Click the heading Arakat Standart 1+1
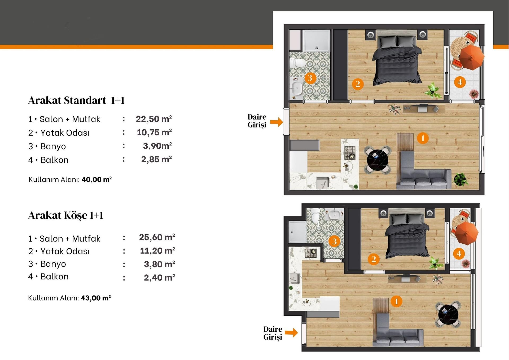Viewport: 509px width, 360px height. point(76,100)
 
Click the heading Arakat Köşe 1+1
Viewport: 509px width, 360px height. point(66,215)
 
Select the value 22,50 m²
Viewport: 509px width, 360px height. point(154,119)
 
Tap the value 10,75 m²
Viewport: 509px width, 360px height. point(154,132)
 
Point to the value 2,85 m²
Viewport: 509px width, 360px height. point(156,159)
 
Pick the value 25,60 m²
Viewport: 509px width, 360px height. point(157,237)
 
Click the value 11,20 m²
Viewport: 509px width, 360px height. point(157,251)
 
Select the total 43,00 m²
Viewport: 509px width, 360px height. point(96,298)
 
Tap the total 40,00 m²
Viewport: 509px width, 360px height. point(97,179)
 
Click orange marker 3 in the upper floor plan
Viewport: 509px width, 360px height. point(310,78)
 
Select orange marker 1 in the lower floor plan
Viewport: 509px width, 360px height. point(396,301)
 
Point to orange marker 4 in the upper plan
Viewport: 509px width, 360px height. point(460,82)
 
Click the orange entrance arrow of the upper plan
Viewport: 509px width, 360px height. point(277,122)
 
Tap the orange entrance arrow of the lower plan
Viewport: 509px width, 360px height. point(291,333)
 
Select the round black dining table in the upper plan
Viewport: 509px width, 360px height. point(378,160)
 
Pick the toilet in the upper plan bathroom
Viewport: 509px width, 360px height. point(298,63)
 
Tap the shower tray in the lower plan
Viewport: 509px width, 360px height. point(297,231)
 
